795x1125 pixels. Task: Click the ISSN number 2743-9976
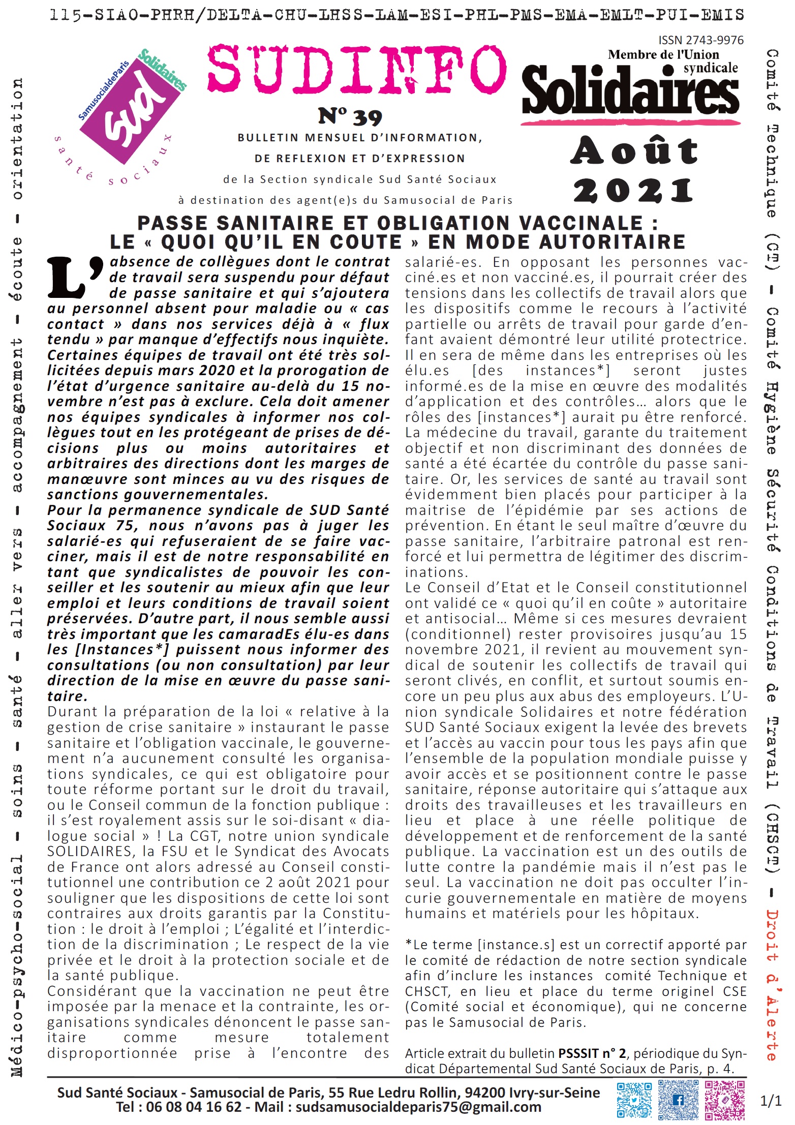point(701,40)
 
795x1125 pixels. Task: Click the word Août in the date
point(634,151)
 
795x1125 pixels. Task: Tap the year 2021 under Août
point(633,191)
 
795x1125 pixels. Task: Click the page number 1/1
point(771,1101)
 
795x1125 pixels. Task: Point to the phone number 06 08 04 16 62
point(194,1107)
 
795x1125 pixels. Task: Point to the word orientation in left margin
point(17,138)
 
